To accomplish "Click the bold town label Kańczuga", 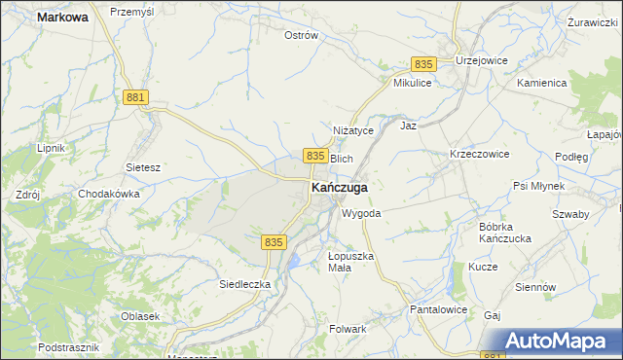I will pos(339,187).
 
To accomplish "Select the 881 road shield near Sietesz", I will pos(136,98).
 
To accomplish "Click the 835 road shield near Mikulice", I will pos(421,63).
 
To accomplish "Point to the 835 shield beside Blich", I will pos(314,156).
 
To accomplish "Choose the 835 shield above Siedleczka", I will pos(275,241).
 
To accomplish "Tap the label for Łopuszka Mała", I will pos(350,262).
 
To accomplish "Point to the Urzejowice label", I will pos(484,59).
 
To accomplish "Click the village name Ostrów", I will pos(301,36).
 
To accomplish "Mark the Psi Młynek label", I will pos(538,186).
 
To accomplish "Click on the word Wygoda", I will pos(360,213).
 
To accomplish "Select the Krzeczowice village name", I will pos(479,155).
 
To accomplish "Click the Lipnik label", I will pos(50,148).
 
